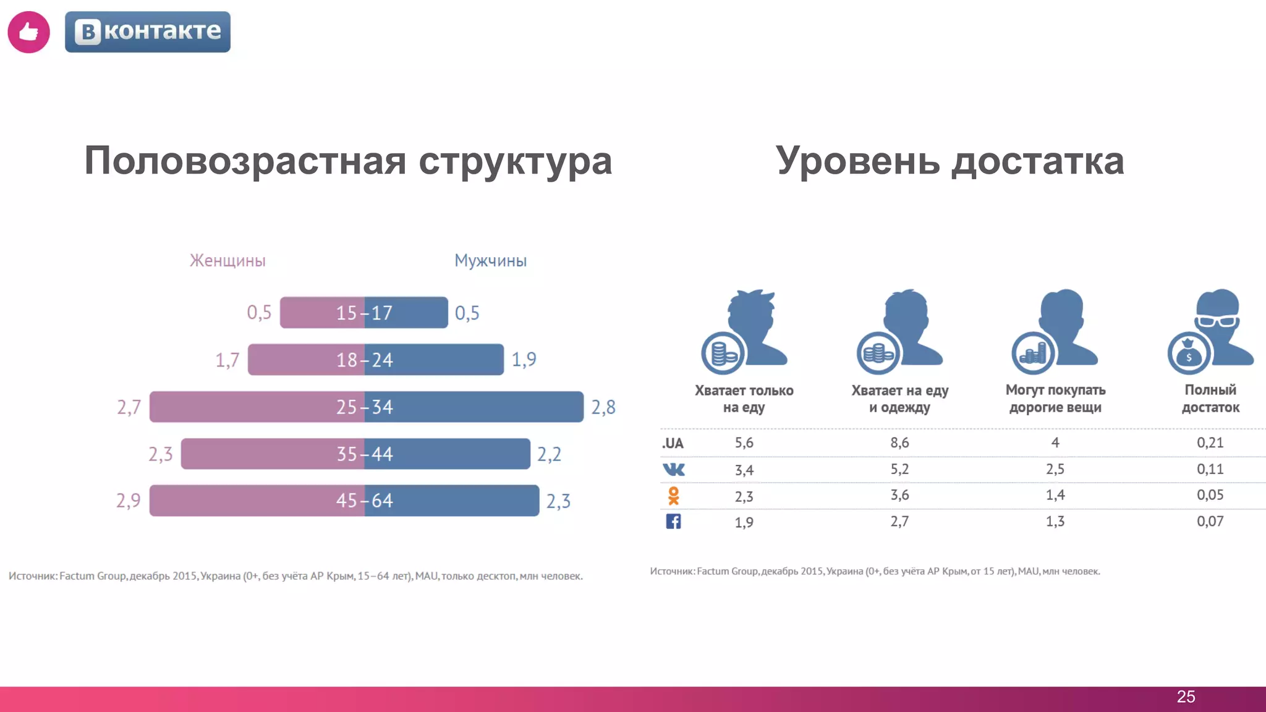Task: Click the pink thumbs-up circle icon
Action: pos(28,32)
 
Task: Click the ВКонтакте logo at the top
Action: pos(148,32)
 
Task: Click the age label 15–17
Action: pos(364,313)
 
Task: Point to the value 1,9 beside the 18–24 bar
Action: pos(524,360)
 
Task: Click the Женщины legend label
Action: pos(227,261)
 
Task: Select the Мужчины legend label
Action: pos(490,261)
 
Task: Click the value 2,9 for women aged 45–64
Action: pos(129,501)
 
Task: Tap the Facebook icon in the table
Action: pos(673,522)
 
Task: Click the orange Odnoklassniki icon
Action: pos(673,496)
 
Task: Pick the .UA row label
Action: pos(673,443)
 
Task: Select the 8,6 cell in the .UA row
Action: pos(899,443)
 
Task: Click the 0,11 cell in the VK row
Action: pos(1210,469)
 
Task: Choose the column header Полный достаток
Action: pos(1210,399)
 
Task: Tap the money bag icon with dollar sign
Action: pos(1188,354)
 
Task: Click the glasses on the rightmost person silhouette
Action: pos(1217,321)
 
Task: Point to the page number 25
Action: pos(1186,697)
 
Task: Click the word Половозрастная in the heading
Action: pos(245,161)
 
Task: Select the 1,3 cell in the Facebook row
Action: pos(1055,522)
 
